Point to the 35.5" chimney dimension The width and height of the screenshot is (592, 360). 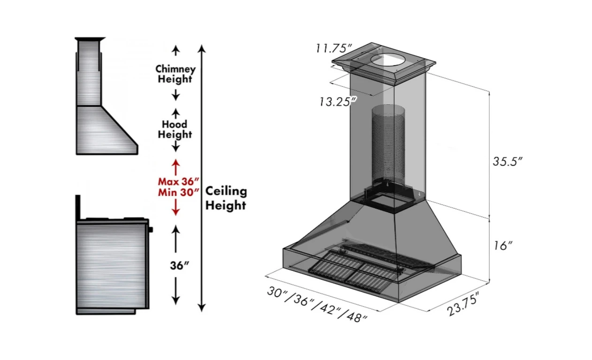(x=508, y=162)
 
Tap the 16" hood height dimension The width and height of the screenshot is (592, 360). (x=503, y=245)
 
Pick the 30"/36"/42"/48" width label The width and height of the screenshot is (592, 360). (x=318, y=304)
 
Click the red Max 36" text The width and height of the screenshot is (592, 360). (x=178, y=181)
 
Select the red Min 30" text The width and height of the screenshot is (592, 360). (x=178, y=192)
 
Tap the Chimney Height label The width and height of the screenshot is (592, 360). (x=175, y=74)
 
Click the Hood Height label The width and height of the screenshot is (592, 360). (x=175, y=129)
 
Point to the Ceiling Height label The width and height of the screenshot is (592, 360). (x=226, y=198)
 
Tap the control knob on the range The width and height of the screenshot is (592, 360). (x=151, y=230)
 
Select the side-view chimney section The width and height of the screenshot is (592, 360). (x=88, y=73)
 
